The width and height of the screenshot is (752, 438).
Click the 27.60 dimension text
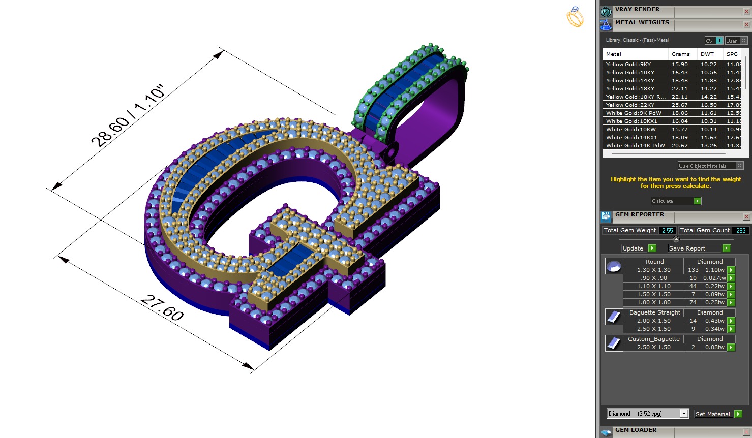(162, 307)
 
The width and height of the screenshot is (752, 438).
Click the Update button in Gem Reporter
(639, 248)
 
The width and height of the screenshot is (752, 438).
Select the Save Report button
(699, 248)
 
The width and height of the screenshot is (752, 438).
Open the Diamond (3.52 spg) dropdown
(684, 414)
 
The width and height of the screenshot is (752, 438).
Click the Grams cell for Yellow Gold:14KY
(680, 80)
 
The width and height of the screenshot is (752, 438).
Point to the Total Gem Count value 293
(741, 230)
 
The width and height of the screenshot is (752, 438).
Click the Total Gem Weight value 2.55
(667, 230)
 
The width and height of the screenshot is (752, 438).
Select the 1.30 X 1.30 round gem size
(653, 270)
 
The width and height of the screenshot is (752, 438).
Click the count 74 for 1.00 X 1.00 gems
(693, 302)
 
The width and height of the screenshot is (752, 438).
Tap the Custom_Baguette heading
(653, 339)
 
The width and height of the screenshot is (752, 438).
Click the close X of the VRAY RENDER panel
(746, 11)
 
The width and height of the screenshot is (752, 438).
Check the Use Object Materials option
(739, 166)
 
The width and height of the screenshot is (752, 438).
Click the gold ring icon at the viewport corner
(575, 17)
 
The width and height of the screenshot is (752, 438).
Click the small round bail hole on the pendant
(392, 151)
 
